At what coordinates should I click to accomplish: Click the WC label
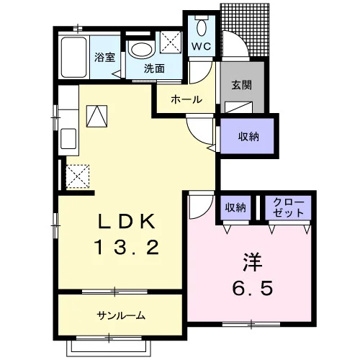pos(202,46)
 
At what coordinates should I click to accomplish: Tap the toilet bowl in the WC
pos(202,27)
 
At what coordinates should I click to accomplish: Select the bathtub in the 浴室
pos(73,57)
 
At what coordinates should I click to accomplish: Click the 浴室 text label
pos(104,58)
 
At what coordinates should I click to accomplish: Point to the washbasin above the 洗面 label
pos(142,50)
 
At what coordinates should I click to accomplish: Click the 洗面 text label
pos(154,68)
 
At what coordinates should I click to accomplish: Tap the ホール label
pos(186,99)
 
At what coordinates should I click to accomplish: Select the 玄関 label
pos(242,85)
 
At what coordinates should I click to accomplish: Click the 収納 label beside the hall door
pos(248,137)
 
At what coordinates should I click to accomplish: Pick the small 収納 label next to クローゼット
pos(235,207)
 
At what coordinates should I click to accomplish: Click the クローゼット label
pos(288,208)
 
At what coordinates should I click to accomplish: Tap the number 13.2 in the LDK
pos(127,248)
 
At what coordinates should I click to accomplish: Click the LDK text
pos(127,221)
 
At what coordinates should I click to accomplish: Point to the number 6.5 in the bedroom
pos(253,288)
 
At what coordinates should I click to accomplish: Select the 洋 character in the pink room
pos(252,262)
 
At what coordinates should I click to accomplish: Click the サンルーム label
pos(121,315)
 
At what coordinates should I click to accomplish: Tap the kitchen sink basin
pos(68,139)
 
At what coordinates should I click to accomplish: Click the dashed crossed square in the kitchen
pos(77,176)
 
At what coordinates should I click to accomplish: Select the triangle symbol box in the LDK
pos(96,116)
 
